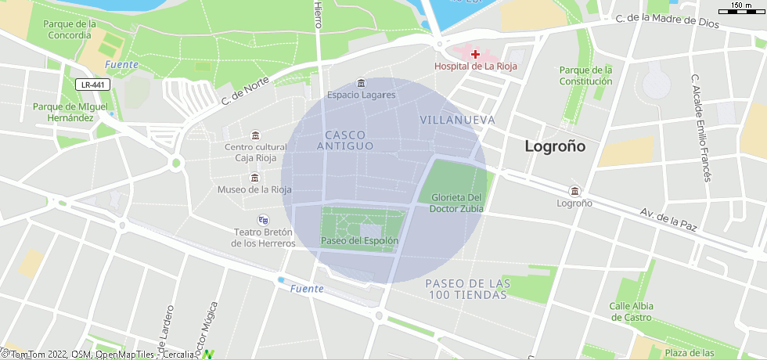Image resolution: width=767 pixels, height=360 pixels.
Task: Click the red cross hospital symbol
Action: click(476, 53)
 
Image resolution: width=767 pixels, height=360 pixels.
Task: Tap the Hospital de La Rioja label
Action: click(476, 67)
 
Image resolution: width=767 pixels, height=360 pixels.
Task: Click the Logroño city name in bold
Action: click(555, 146)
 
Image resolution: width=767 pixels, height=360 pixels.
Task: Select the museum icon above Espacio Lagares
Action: click(361, 83)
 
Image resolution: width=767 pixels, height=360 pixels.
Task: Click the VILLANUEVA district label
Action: click(458, 120)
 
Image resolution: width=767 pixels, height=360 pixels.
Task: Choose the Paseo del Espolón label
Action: click(360, 240)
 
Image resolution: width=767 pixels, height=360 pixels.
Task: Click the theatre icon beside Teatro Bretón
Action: click(263, 220)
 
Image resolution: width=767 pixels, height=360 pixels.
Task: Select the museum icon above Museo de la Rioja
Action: click(254, 178)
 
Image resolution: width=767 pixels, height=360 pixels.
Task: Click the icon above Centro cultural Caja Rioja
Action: click(255, 135)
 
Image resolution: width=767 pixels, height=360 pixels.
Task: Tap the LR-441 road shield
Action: click(93, 85)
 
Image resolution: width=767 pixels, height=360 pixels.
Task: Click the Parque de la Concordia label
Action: click(70, 29)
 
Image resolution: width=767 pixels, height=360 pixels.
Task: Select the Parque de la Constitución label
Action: click(585, 75)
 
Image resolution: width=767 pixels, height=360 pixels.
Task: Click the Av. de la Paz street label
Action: click(668, 219)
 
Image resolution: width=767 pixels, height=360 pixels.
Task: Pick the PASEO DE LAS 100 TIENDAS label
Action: click(468, 289)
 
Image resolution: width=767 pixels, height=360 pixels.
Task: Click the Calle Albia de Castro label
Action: click(631, 311)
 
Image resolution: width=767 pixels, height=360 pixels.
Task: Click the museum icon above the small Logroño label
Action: click(575, 192)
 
